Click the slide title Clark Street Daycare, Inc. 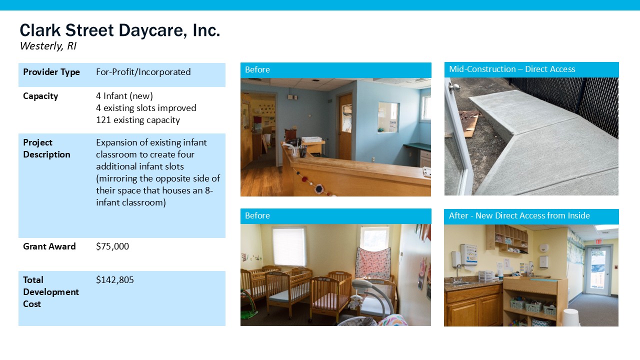120,30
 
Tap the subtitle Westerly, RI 48,46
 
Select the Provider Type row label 51,72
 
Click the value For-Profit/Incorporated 143,72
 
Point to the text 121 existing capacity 138,120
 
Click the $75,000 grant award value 112,246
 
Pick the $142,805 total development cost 115,279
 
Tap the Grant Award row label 49,246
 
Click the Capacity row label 40,96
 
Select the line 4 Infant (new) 124,96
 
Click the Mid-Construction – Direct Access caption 512,69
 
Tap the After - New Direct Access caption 519,215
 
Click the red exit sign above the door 598,241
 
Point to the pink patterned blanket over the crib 373,263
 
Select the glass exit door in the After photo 597,270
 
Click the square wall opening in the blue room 388,117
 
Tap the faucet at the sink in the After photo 457,272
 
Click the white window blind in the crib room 288,247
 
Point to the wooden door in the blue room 345,127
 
